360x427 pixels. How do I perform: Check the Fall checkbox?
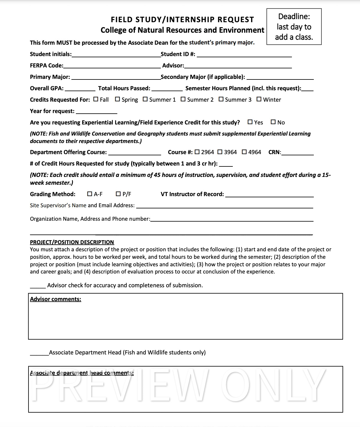[x=96, y=99]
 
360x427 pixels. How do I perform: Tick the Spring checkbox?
[x=118, y=99]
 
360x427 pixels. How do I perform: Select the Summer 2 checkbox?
[x=183, y=99]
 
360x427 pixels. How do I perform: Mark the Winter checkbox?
[x=259, y=99]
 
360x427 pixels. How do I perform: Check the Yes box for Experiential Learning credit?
[x=250, y=122]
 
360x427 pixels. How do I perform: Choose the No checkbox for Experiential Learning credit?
[x=273, y=122]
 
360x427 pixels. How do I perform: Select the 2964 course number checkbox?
[x=197, y=152]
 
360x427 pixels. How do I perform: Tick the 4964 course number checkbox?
[x=244, y=152]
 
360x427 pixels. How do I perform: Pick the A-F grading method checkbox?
[x=89, y=194]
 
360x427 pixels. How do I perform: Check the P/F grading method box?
[x=118, y=194]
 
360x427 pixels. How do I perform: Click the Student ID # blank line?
[x=244, y=54]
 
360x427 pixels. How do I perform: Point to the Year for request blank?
[x=96, y=111]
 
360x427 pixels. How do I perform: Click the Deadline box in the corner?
[x=294, y=27]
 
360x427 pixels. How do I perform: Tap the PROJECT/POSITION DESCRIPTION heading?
[x=72, y=242]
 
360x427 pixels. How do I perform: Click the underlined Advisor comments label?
[x=55, y=299]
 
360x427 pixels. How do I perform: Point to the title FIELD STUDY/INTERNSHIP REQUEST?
[x=182, y=19]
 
